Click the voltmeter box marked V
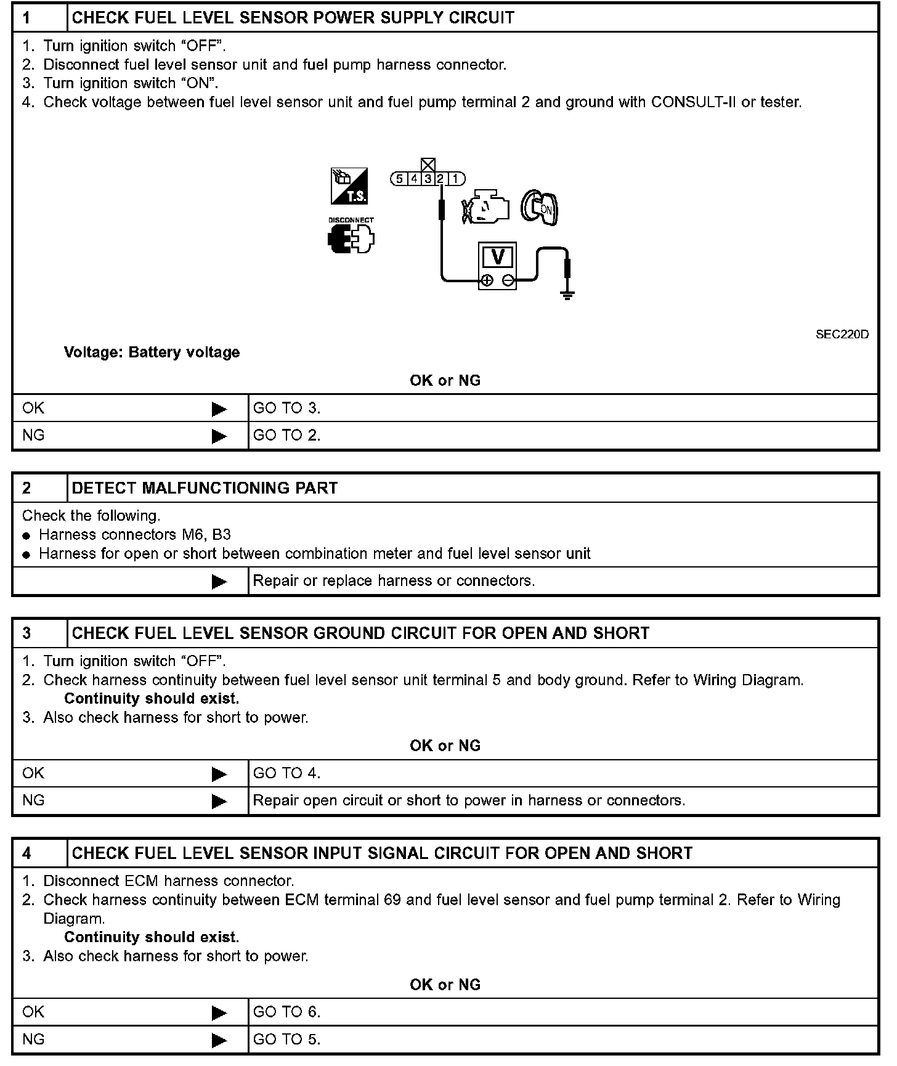497,266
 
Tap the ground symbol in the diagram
567,295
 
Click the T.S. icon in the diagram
349,185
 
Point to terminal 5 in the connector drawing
399,179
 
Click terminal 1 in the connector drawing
455,179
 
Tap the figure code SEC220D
842,335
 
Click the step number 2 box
39,488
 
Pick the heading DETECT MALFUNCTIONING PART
205,488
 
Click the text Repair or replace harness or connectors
394,581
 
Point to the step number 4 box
39,853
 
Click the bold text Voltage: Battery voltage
152,352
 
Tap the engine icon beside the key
487,208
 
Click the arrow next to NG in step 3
219,801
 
